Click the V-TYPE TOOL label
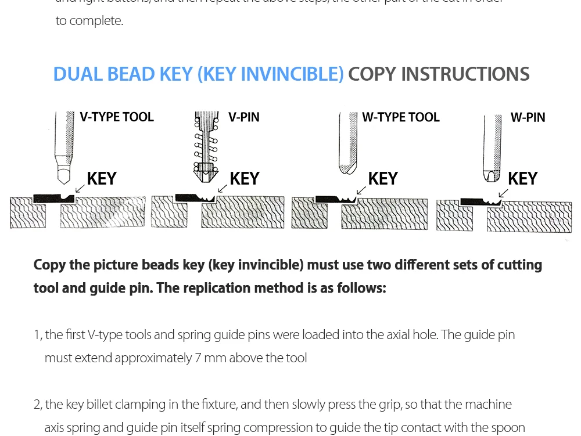(x=117, y=117)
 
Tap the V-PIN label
(x=244, y=117)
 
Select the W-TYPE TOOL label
(x=401, y=117)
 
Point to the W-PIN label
(x=528, y=117)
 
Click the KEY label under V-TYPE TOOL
(x=102, y=179)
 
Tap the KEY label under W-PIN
(x=522, y=179)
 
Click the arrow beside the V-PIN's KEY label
(x=222, y=188)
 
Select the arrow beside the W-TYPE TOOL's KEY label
(x=361, y=190)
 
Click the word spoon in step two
(x=509, y=427)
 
